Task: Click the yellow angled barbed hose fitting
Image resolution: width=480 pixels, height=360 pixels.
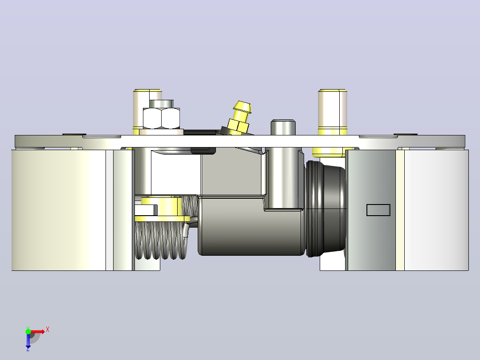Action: (x=239, y=118)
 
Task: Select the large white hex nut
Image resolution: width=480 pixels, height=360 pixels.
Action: (x=161, y=118)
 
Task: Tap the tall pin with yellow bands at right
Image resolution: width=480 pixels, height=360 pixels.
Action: (x=333, y=112)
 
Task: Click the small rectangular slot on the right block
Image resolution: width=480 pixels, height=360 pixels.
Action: (x=378, y=210)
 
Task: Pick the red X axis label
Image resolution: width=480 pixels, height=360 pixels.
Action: (x=48, y=330)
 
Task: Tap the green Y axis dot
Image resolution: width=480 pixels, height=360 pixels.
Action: (x=28, y=331)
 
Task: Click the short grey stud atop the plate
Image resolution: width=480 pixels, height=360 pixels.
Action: (x=283, y=127)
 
